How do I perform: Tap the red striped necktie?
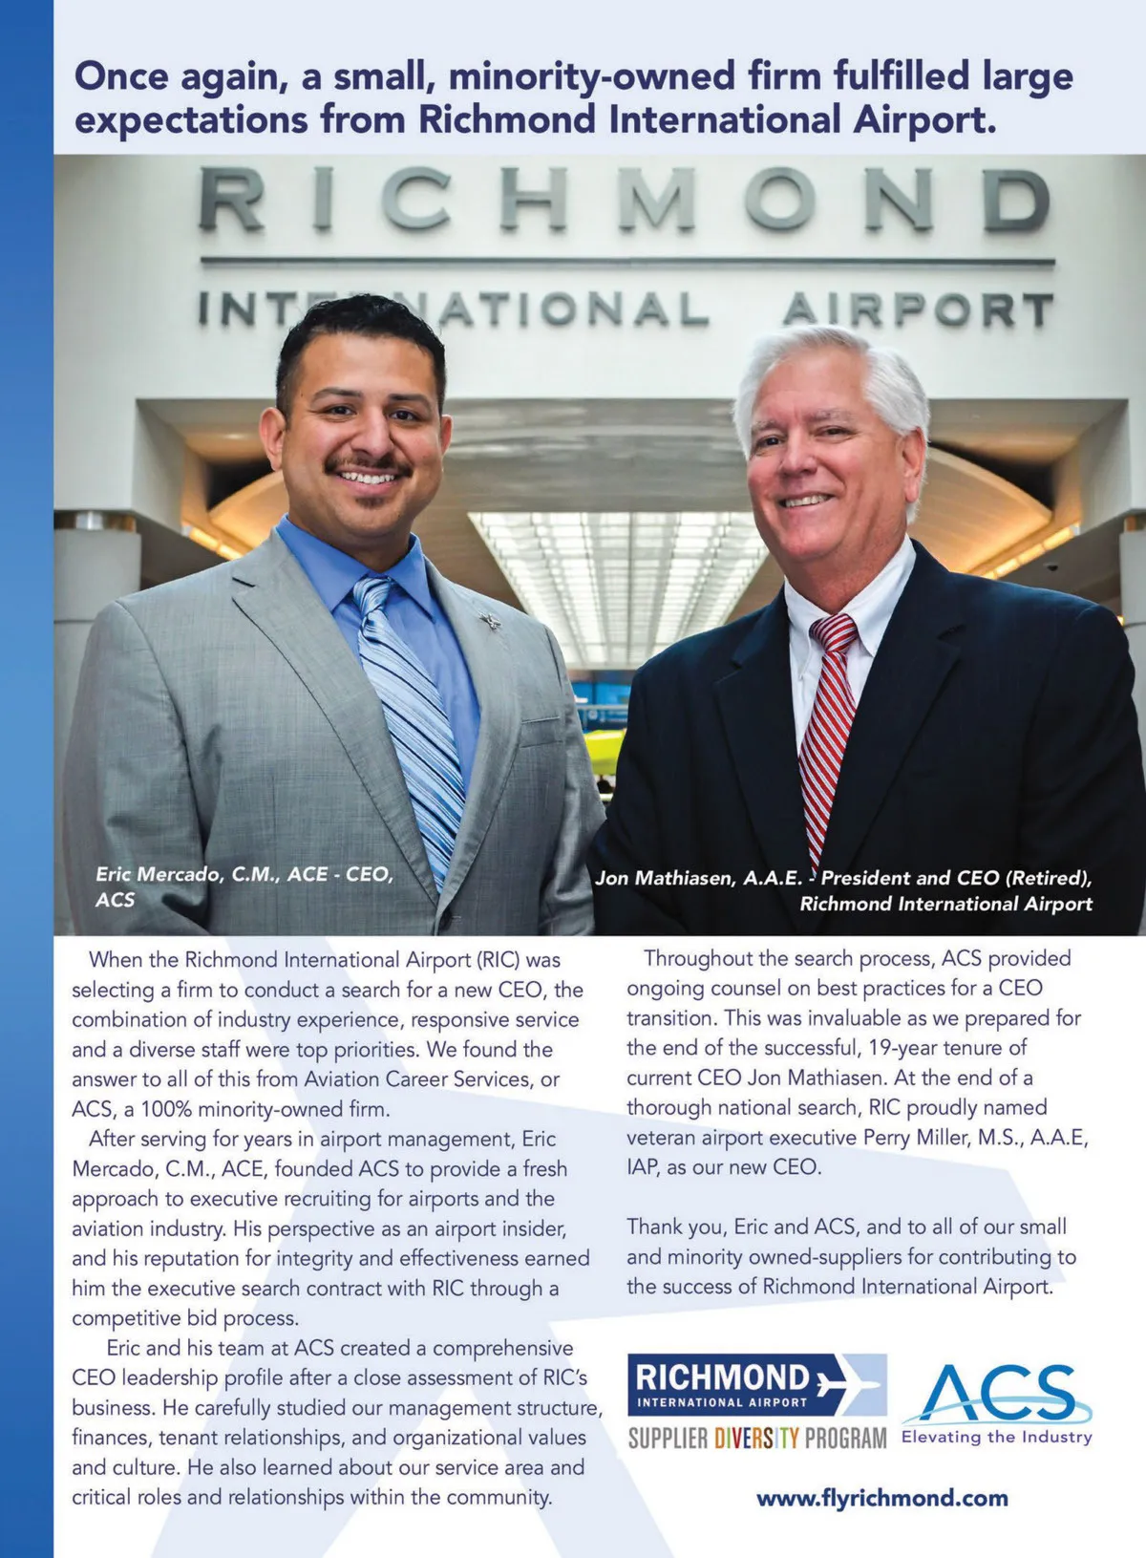pos(826,726)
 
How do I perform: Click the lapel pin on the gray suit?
pos(491,621)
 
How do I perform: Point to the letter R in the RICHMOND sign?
pos(232,200)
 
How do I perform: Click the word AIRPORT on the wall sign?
pos(918,310)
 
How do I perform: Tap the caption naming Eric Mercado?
pos(244,875)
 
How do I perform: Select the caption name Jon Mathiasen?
pos(698,879)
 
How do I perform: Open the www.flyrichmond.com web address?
pos(881,1498)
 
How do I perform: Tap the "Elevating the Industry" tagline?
pos(996,1437)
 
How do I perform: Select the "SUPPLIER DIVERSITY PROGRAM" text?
pos(756,1438)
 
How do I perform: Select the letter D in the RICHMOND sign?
pos(1016,200)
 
